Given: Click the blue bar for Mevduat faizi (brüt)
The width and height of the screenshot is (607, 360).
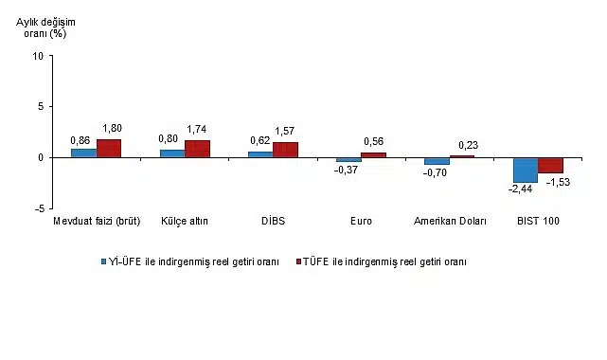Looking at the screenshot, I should point(83,153).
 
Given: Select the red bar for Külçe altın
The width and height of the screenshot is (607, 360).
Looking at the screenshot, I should point(197,149).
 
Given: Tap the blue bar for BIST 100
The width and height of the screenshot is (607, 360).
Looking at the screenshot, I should point(526,170).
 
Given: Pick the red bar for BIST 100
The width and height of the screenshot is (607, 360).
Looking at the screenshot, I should point(550,165).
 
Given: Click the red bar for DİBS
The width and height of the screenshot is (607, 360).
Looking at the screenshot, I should point(285,150).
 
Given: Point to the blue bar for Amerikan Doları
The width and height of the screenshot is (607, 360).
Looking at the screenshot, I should point(437,161).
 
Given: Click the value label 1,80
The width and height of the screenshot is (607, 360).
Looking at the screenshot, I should point(111,129).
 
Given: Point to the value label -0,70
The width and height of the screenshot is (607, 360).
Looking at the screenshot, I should point(436,172).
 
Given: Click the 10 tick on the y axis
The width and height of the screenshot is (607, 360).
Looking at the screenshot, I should point(38,56).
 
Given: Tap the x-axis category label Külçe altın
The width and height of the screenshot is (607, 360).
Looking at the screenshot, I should point(185,222).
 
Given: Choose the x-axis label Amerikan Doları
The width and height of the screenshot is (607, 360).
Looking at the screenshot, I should point(450,222).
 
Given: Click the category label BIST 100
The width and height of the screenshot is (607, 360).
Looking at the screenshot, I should point(538,222).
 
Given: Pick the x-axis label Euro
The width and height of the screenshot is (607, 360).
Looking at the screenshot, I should point(361,222).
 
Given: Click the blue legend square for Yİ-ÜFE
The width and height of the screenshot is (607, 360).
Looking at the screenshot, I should point(108,261).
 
